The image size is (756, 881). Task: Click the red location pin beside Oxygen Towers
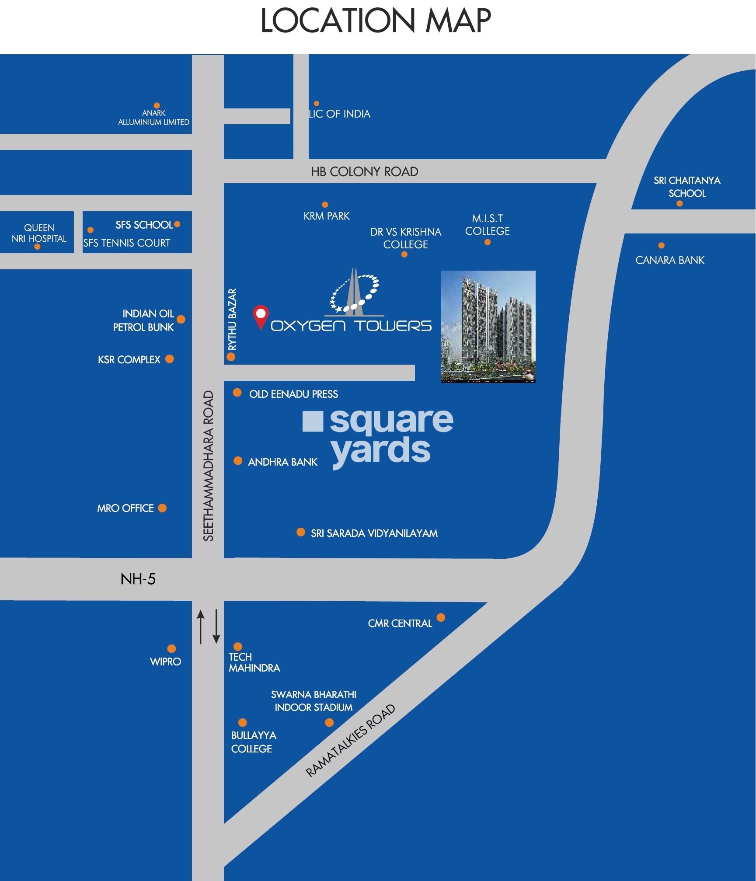261,316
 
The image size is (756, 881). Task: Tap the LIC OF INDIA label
339,114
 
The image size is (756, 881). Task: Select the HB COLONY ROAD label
364,172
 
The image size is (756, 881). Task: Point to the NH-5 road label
138,579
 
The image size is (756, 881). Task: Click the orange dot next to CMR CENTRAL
441,617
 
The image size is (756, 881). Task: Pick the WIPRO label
165,662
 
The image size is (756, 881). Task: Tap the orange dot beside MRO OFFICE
162,508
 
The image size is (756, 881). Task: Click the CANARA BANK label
669,261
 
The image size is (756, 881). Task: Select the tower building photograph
488,327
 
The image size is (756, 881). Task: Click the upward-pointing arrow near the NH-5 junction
201,627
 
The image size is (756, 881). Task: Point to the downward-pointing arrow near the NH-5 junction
216,627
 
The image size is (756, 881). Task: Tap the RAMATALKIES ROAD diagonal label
350,741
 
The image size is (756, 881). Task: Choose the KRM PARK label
326,216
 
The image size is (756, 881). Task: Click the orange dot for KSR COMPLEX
170,359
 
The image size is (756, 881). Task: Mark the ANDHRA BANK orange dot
238,461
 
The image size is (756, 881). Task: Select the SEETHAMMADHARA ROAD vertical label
209,466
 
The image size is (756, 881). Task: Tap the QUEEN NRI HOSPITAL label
39,233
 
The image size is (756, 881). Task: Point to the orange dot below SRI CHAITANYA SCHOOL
679,204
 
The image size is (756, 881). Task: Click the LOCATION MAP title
375,21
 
